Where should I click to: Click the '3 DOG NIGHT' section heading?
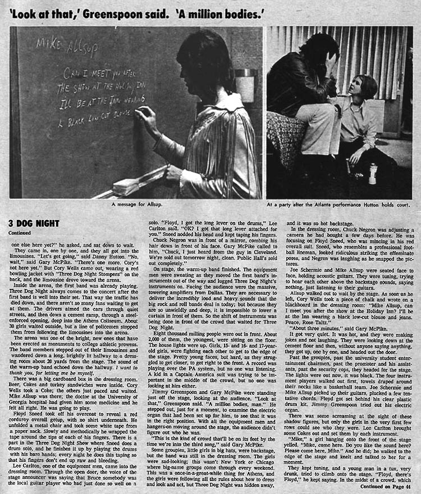click(26, 223)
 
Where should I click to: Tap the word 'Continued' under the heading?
click(20, 231)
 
